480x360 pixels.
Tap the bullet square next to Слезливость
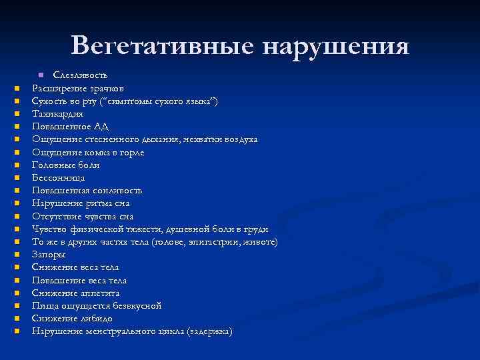[x=41, y=75]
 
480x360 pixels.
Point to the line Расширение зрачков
[x=77, y=88]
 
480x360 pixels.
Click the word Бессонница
[x=59, y=178]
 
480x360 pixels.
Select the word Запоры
[x=49, y=255]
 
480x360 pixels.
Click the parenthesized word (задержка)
[x=210, y=331]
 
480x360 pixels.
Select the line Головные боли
[x=66, y=165]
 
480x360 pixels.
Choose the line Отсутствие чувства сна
[x=83, y=216]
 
